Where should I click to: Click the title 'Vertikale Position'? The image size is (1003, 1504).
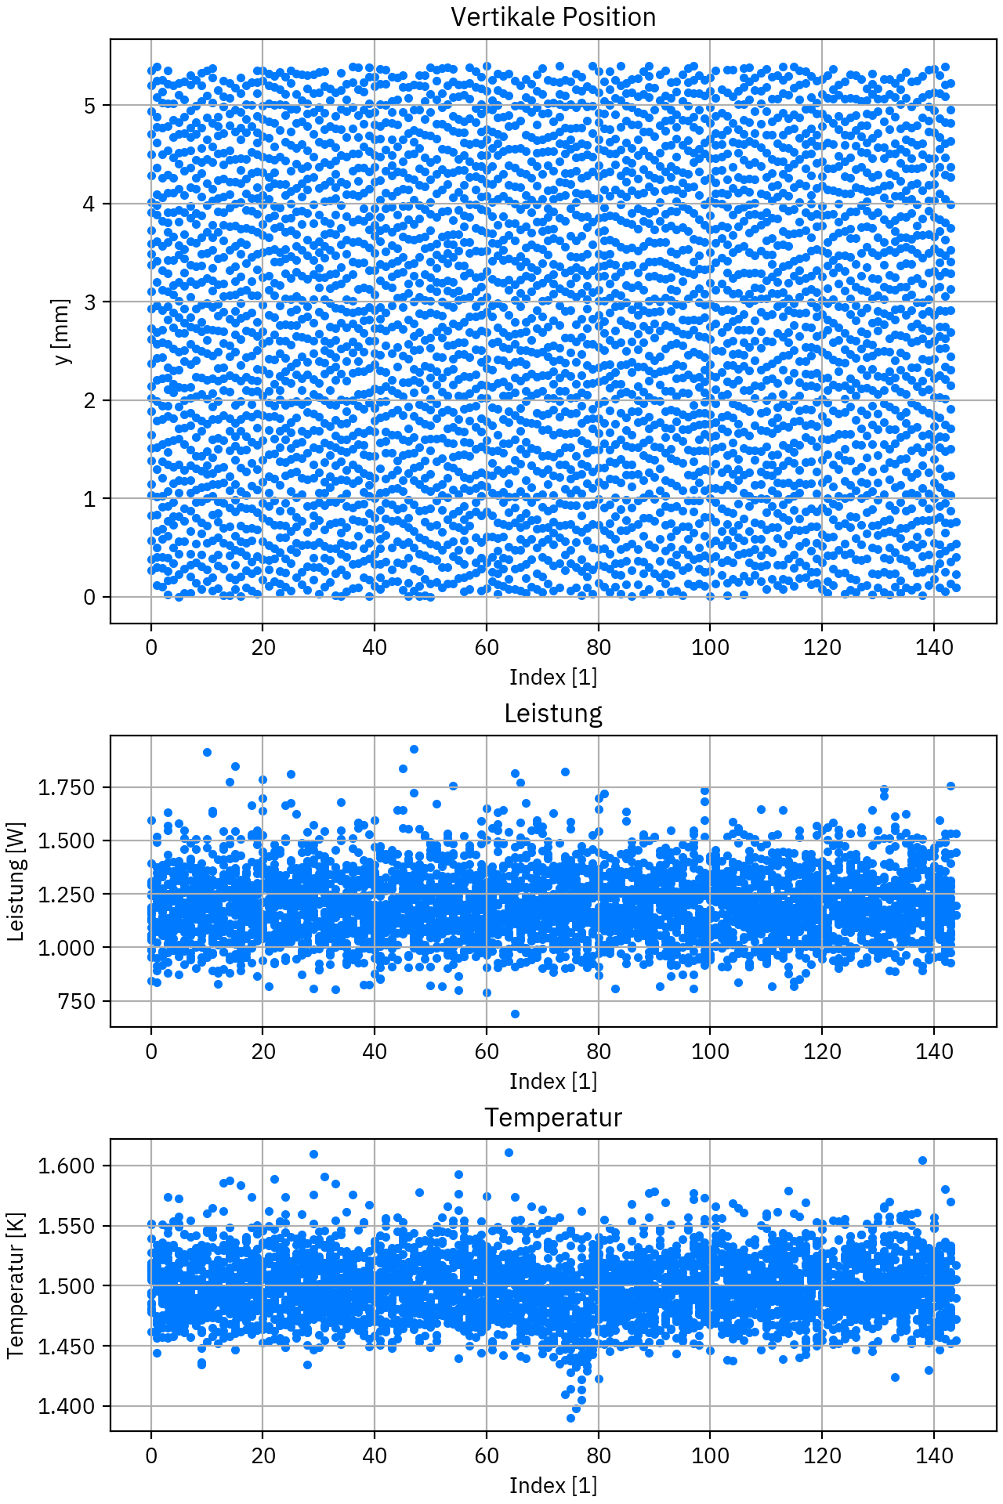tap(552, 17)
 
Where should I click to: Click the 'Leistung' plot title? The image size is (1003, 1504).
tap(552, 714)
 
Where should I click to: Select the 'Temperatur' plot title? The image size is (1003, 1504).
tap(552, 1118)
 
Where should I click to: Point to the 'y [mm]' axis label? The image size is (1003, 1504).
tap(62, 331)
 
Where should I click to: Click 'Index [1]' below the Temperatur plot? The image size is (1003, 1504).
tap(552, 1484)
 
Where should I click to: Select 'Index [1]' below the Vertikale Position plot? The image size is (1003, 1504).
tap(552, 676)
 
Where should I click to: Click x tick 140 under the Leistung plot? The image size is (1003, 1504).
tap(934, 1051)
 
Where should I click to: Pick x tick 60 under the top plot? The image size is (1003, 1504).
tap(487, 648)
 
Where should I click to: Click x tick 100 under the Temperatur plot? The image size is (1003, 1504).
tap(710, 1455)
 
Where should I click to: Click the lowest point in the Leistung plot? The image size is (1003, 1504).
tap(515, 1014)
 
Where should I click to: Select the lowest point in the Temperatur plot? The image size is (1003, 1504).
tap(570, 1418)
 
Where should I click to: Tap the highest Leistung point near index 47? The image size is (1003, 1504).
tap(414, 750)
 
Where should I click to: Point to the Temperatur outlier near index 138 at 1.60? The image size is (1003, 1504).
tap(922, 1160)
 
